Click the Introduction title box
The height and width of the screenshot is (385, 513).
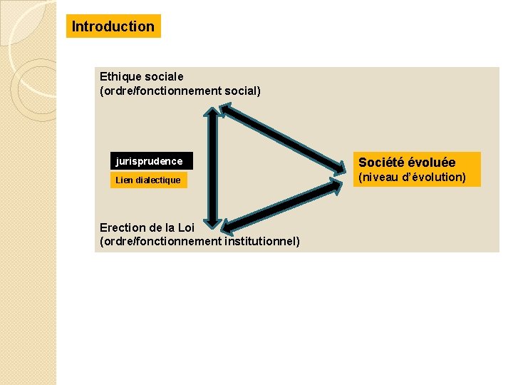point(113,26)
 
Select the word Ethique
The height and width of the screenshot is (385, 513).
point(119,76)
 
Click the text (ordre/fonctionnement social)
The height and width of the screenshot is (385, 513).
point(180,91)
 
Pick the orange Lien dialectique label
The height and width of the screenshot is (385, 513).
point(148,180)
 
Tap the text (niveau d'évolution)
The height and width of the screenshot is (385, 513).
point(412,178)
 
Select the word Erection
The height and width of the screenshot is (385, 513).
point(123,227)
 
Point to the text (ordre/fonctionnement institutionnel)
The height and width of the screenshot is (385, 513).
point(199,242)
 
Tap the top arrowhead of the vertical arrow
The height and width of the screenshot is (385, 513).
point(212,115)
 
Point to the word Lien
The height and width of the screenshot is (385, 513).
point(124,180)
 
